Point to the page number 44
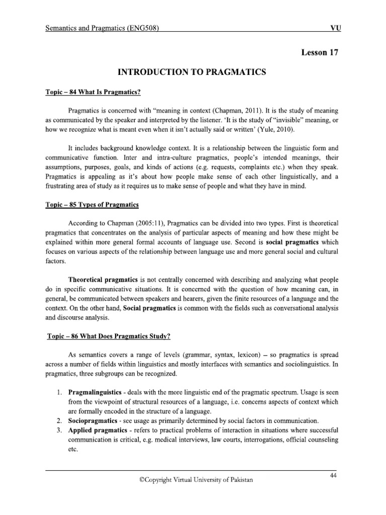point(333,476)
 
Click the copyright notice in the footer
point(196,480)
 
